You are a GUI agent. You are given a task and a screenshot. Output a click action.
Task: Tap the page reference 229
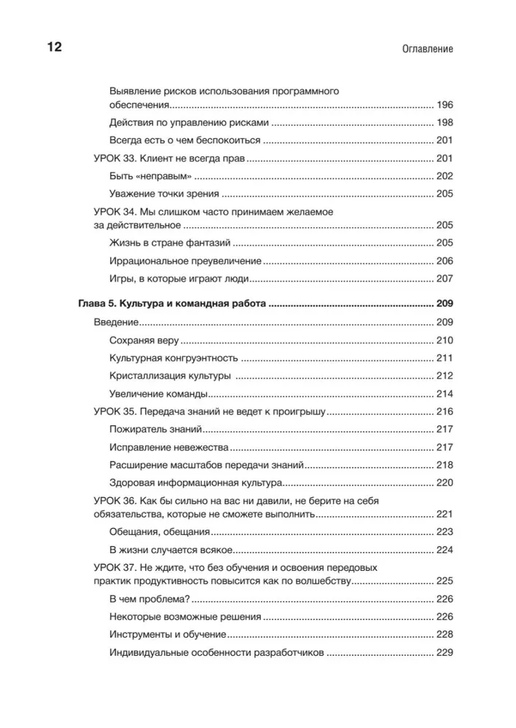pyautogui.click(x=444, y=653)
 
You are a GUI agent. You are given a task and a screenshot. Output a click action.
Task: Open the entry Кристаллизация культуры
pyautogui.click(x=170, y=376)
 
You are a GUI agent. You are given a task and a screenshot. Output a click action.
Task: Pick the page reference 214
pyautogui.click(x=444, y=394)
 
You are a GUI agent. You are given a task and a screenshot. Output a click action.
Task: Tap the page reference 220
pyautogui.click(x=444, y=483)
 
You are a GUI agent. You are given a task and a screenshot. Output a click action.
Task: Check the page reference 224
pyautogui.click(x=444, y=550)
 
